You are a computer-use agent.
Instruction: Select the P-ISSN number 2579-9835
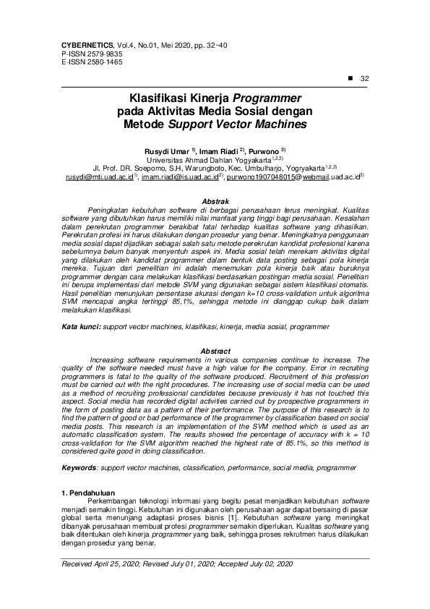coord(103,54)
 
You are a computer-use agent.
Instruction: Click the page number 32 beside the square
coord(364,79)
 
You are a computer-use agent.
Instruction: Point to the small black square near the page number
coord(351,78)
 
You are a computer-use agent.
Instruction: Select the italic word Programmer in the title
coord(268,98)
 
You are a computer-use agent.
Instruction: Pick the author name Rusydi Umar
coord(167,150)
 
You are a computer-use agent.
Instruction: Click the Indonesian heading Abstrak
coord(215,200)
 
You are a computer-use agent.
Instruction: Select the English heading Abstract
coord(215,350)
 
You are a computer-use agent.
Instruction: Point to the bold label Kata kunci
coord(80,328)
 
